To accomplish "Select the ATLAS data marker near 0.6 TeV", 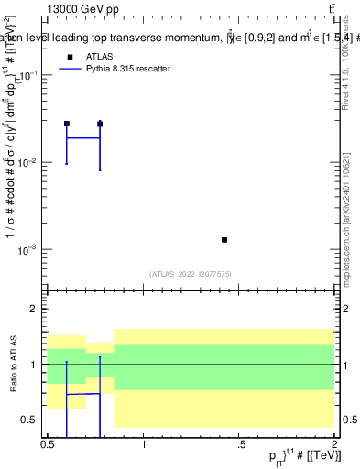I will pos(66,124).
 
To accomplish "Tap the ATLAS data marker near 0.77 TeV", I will pos(100,124).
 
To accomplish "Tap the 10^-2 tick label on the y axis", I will pos(28,163).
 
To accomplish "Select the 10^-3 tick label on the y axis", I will pos(28,250).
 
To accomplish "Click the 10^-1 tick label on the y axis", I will pos(28,76).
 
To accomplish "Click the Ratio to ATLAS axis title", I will pos(11,365).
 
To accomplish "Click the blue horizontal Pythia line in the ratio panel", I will pos(82,394).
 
